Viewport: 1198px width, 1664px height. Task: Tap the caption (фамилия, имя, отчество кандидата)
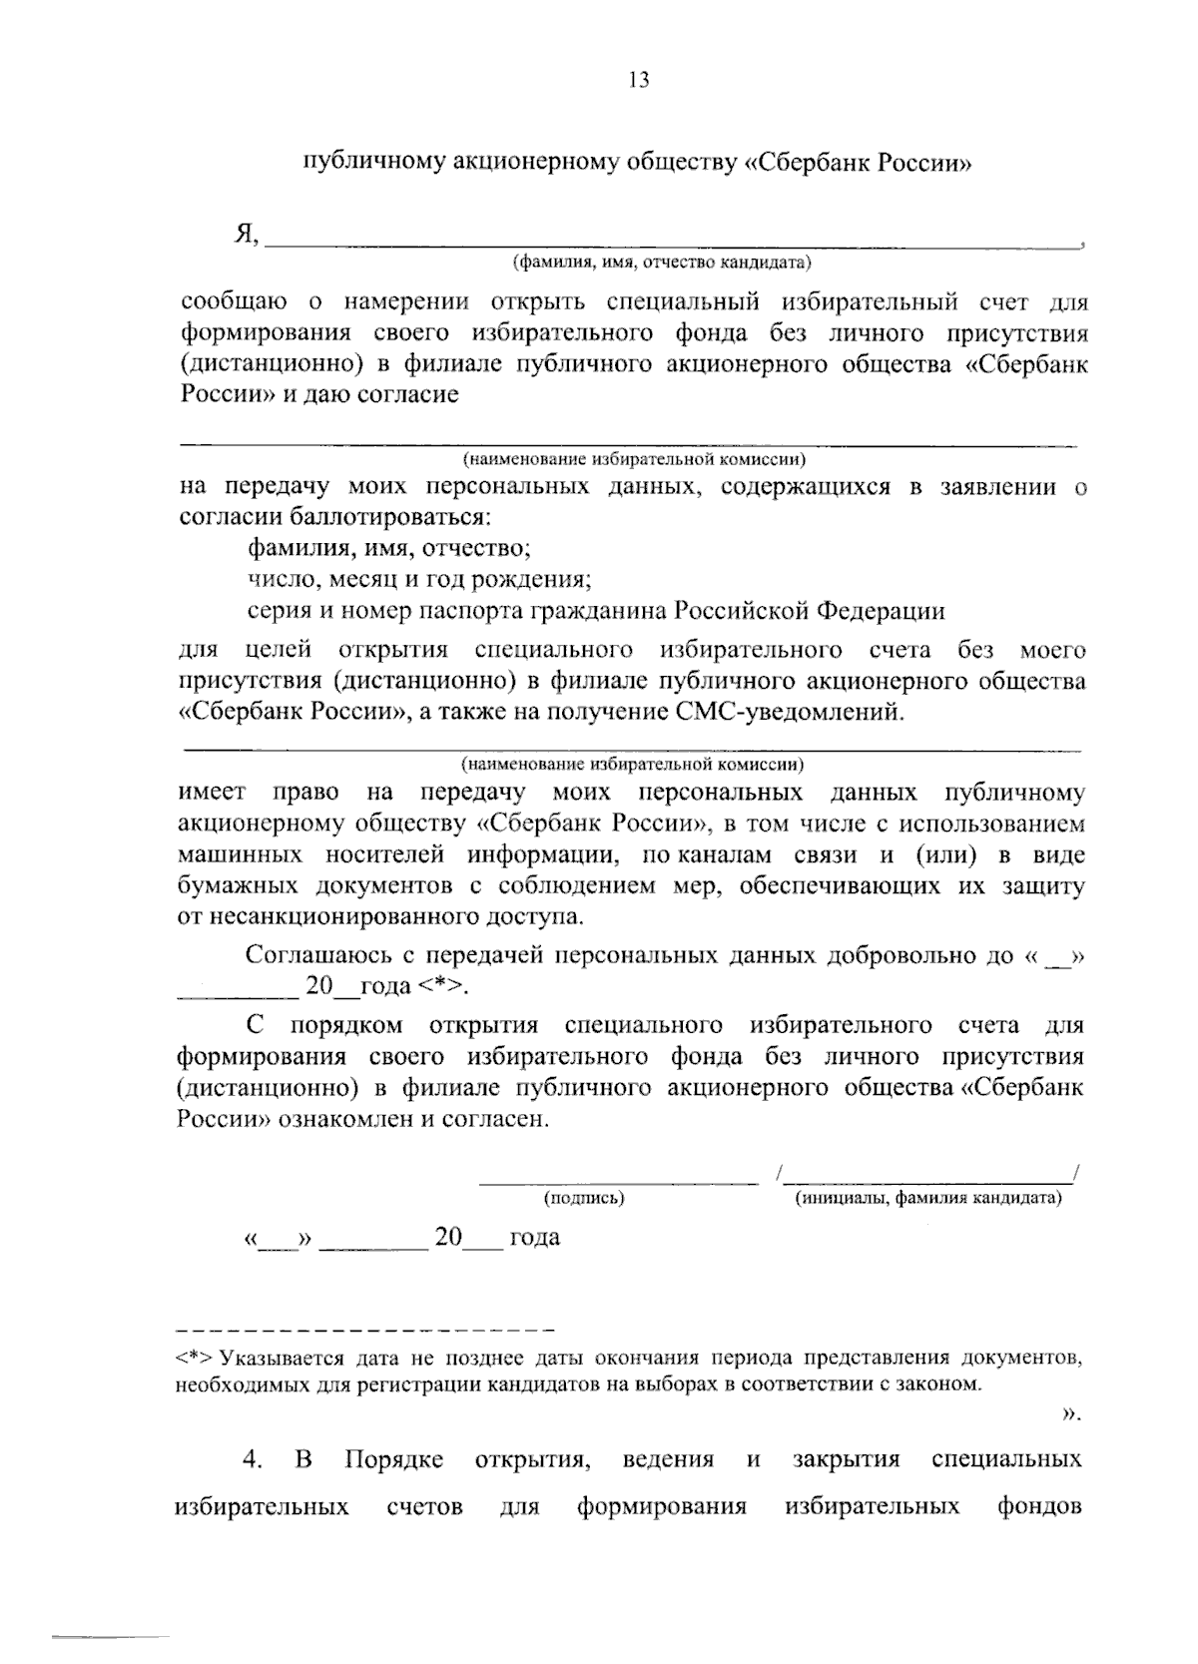click(662, 264)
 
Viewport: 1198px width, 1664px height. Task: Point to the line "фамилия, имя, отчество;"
click(388, 548)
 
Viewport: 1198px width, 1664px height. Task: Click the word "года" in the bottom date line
click(534, 1238)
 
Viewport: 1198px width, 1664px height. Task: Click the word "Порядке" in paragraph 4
click(394, 1459)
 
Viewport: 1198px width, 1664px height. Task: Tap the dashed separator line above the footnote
click(364, 1331)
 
